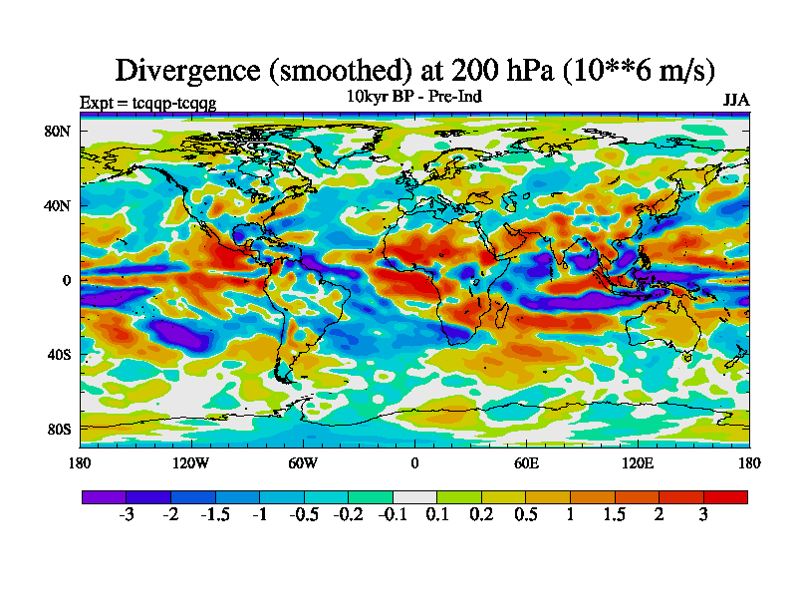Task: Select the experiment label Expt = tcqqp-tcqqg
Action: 147,102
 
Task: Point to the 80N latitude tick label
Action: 57,132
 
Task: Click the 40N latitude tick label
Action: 57,205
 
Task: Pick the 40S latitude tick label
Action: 57,355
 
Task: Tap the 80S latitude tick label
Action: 57,429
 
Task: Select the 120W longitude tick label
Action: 191,462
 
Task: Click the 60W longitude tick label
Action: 303,462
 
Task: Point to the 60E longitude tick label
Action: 526,462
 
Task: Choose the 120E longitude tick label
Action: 638,462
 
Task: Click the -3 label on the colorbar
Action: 127,515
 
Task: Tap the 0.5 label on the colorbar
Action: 525,515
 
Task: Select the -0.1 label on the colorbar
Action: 392,515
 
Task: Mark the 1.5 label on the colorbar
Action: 615,515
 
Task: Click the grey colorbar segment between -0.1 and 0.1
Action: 414,496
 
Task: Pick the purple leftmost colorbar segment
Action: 104,496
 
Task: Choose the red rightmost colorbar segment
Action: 725,496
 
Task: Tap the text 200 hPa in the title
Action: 492,70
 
